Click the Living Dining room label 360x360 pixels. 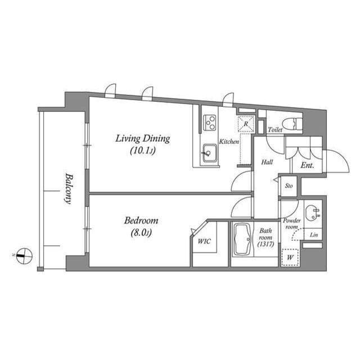[x=142, y=138]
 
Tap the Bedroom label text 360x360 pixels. [x=141, y=220]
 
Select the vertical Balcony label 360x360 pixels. [x=67, y=187]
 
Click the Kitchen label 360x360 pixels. [x=229, y=142]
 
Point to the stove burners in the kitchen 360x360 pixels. [x=209, y=121]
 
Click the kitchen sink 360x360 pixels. [x=209, y=152]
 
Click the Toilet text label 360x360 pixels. [x=275, y=130]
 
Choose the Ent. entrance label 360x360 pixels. [x=307, y=166]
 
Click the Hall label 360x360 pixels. [x=267, y=163]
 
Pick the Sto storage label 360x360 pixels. [x=289, y=185]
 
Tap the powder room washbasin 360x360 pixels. [x=310, y=213]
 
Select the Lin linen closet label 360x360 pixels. [x=313, y=235]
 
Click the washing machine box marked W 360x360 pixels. [x=290, y=258]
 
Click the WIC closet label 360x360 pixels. [x=203, y=242]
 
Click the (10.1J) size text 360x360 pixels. [x=142, y=151]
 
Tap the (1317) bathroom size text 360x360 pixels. [x=265, y=244]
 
